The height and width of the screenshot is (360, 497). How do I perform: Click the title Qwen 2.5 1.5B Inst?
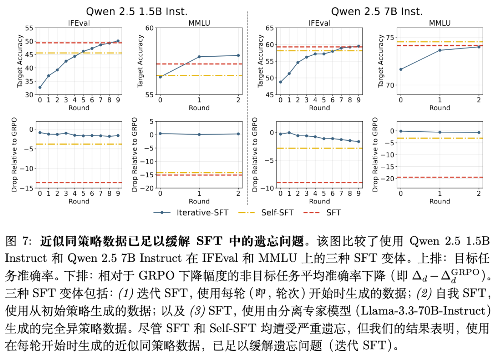(x=137, y=12)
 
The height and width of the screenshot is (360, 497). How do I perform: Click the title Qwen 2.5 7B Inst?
(x=377, y=12)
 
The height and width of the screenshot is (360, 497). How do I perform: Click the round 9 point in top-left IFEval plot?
(x=118, y=41)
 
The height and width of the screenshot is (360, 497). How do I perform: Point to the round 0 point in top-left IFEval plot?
(x=40, y=88)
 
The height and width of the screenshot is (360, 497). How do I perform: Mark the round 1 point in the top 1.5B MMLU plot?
(x=199, y=57)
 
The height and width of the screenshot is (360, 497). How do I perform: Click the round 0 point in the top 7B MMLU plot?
(x=401, y=69)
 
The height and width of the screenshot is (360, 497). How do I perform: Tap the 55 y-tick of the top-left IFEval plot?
(x=29, y=28)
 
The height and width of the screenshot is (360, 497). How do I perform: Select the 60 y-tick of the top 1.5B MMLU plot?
(x=149, y=28)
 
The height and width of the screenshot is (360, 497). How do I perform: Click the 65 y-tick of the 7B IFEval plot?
(x=270, y=28)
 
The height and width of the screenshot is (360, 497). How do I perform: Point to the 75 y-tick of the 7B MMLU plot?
(x=390, y=37)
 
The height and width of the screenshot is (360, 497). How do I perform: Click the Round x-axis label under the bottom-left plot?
(x=79, y=202)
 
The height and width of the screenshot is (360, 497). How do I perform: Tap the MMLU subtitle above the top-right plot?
(x=440, y=23)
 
